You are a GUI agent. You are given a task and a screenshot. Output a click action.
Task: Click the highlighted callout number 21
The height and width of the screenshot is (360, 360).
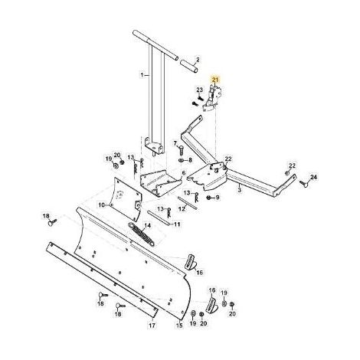215,80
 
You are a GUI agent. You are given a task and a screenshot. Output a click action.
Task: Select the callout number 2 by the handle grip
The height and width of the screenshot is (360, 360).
198,60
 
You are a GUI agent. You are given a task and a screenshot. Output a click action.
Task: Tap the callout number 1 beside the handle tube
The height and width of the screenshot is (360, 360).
142,75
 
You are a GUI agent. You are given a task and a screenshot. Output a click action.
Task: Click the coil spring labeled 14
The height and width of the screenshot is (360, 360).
142,234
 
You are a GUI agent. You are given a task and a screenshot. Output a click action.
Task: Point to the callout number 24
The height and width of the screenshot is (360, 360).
313,177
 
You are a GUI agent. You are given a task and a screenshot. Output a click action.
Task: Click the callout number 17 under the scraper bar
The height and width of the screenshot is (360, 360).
152,326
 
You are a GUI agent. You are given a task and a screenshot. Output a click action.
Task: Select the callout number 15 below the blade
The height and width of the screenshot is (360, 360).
179,326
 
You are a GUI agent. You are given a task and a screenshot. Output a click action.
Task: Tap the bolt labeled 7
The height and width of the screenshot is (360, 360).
181,149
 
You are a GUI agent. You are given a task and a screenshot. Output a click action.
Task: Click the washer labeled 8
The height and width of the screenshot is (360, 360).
182,160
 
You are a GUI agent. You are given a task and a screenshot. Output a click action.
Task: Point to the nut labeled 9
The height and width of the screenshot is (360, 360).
209,198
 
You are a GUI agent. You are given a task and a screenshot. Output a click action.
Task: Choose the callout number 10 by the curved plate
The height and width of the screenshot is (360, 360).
101,205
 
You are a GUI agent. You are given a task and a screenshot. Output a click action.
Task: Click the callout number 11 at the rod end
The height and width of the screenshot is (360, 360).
177,224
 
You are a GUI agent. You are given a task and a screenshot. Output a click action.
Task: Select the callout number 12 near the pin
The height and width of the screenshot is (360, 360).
182,208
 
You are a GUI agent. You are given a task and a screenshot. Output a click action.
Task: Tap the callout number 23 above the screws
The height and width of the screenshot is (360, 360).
199,90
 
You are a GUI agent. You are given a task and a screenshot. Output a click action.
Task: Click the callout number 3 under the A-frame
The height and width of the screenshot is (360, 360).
239,190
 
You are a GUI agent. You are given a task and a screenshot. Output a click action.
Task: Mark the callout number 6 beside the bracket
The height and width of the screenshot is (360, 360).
184,173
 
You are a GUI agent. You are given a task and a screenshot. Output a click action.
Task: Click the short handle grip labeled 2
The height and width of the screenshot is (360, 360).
188,66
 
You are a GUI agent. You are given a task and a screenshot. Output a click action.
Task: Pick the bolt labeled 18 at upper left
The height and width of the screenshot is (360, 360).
52,223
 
